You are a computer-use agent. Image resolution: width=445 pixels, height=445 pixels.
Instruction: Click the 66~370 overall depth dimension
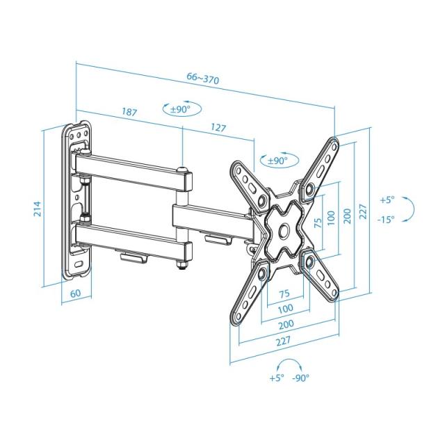(x=203, y=79)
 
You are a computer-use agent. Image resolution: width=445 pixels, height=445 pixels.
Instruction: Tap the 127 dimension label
(x=218, y=128)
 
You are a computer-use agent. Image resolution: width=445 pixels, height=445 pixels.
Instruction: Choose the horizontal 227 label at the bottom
(x=282, y=342)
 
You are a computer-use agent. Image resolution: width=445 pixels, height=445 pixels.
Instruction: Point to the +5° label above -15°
(x=387, y=200)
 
